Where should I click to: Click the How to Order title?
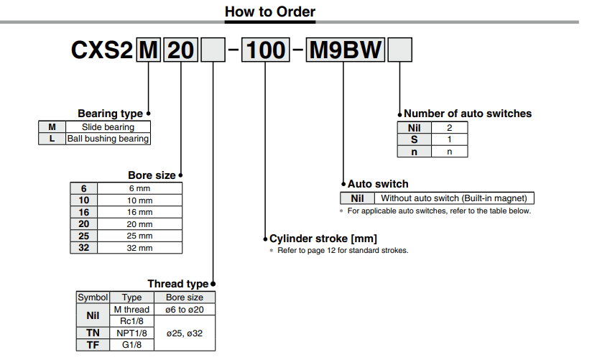tap(270, 11)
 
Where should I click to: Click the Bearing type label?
tap(110, 114)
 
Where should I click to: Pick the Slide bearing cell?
tap(108, 127)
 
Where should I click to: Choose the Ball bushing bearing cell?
tap(108, 139)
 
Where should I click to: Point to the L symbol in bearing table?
tap(52, 139)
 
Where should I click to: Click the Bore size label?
tap(151, 175)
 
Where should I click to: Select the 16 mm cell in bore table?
tap(139, 212)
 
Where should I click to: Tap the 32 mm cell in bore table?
tap(139, 248)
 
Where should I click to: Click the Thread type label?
tap(177, 284)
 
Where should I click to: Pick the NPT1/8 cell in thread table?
tap(131, 333)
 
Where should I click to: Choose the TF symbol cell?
tap(93, 344)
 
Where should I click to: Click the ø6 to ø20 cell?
tap(185, 310)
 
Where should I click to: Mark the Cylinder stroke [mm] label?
tap(323, 239)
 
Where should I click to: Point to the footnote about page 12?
tap(338, 250)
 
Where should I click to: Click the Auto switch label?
tap(378, 184)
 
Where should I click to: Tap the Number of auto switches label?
tap(468, 114)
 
